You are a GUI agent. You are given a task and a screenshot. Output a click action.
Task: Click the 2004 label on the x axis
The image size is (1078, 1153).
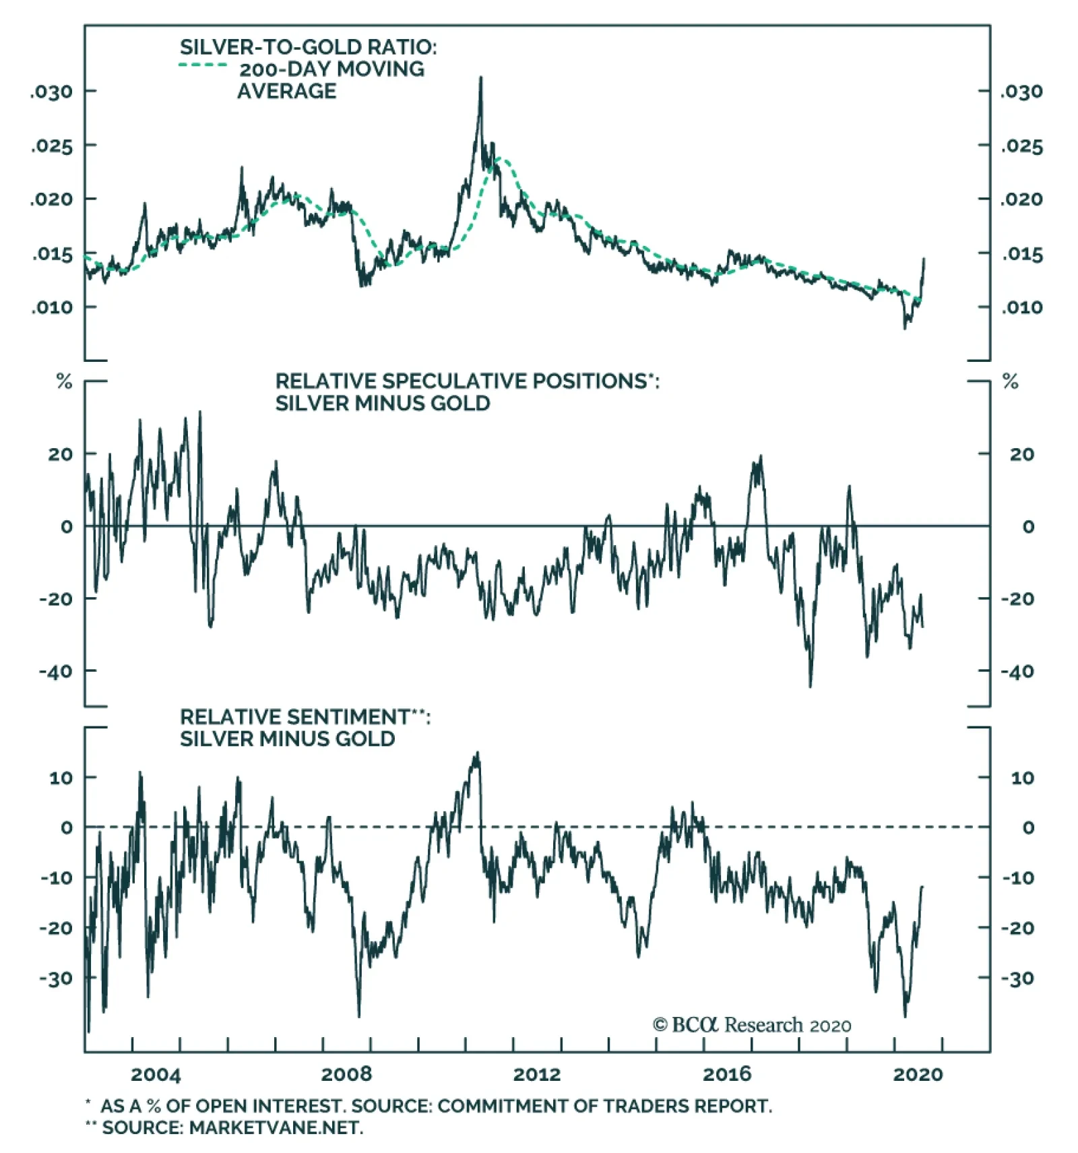(156, 1074)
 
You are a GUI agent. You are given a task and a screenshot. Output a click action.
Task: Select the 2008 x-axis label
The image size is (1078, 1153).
(346, 1074)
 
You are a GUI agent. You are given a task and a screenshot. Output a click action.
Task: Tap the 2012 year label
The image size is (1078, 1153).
(537, 1074)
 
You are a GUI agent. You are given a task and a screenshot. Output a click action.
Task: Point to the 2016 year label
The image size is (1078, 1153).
(727, 1074)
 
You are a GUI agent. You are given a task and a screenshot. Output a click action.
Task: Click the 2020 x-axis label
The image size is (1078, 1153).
(918, 1074)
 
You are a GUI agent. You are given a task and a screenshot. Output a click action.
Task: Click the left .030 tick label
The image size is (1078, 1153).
(51, 92)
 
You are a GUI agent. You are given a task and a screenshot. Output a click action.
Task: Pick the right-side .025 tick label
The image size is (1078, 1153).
(1021, 146)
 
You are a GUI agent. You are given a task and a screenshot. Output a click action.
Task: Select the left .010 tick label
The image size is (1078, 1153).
(51, 307)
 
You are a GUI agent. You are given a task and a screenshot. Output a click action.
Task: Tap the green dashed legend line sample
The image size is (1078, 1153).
(203, 65)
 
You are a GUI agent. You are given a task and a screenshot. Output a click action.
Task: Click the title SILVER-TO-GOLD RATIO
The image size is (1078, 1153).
(308, 47)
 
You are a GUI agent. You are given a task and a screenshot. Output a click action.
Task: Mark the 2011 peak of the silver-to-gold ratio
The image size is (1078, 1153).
(480, 79)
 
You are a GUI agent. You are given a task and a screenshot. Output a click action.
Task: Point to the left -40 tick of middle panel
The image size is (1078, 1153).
(56, 671)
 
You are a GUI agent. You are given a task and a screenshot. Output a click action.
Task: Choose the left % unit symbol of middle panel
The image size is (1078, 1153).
(64, 382)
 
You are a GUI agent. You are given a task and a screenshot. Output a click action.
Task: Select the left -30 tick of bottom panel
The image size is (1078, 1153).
(56, 978)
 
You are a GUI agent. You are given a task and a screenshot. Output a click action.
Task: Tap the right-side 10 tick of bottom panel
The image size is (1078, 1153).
(1022, 778)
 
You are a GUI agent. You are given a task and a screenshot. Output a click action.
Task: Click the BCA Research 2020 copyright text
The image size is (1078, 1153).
(751, 1025)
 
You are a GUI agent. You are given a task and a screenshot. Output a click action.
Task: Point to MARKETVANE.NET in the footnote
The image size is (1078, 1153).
(276, 1127)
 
